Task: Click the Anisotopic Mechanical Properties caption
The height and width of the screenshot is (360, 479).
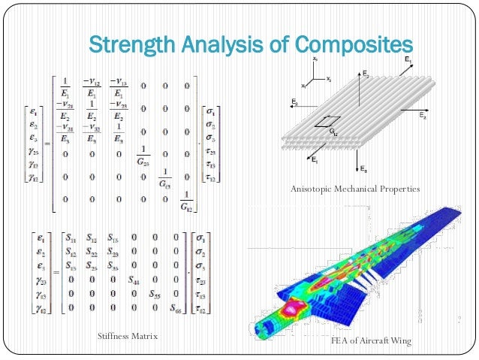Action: [x=354, y=189]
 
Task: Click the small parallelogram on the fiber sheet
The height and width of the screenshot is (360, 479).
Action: [x=325, y=121]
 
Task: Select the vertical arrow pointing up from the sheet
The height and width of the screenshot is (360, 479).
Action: [x=360, y=90]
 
